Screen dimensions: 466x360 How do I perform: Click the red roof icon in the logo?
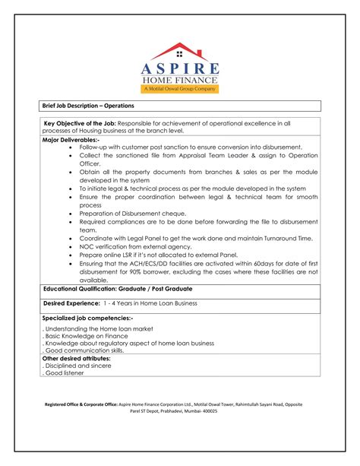[179, 52]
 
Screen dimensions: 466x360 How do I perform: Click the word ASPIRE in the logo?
[179, 68]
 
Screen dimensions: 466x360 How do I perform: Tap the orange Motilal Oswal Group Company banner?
[179, 89]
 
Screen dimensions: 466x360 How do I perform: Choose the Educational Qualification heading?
[118, 289]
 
